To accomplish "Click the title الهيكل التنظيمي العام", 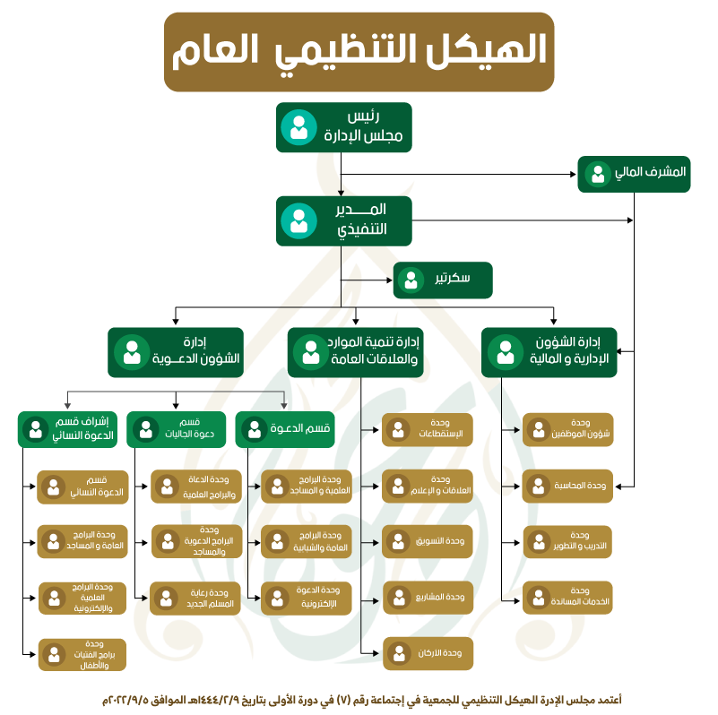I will tap(359, 51).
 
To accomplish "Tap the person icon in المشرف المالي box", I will tap(598, 173).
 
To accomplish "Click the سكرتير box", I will tap(444, 280).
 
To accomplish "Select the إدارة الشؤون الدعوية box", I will tap(176, 352).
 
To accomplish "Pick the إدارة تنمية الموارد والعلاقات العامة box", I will tap(357, 352).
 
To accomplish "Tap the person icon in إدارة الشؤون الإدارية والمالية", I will tap(506, 352).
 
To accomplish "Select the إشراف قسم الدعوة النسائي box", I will tap(67, 429).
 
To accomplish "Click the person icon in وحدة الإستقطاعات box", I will tap(398, 429).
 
